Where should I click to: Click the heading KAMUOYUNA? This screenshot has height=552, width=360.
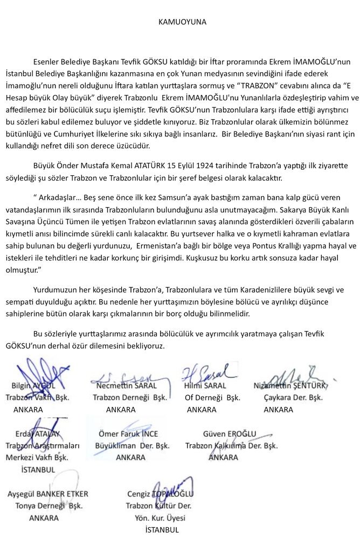pyautogui.click(x=182, y=22)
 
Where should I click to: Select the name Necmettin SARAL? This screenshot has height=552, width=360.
pyautogui.click(x=127, y=386)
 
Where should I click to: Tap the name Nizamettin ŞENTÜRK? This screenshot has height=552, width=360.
pyautogui.click(x=291, y=386)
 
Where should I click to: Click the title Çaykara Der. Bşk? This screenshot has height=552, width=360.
pyautogui.click(x=294, y=398)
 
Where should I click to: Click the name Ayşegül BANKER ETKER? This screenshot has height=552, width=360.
pyautogui.click(x=49, y=494)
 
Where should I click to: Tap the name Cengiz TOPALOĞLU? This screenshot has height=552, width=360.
pyautogui.click(x=160, y=494)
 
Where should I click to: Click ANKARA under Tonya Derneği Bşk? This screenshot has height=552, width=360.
pyautogui.click(x=44, y=518)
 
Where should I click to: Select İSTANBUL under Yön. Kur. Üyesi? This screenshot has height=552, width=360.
pyautogui.click(x=162, y=530)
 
